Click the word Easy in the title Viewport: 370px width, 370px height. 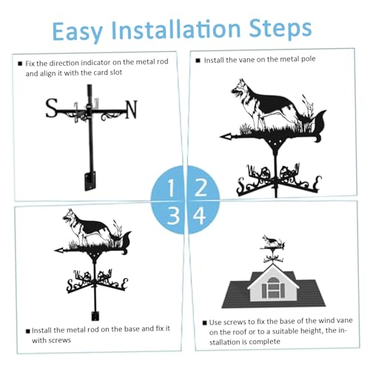(x=77, y=31)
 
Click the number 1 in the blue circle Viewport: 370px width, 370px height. (x=171, y=188)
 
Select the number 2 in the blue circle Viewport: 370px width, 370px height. (x=201, y=187)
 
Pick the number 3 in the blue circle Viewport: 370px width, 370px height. (x=173, y=215)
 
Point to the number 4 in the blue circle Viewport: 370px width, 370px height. (x=200, y=215)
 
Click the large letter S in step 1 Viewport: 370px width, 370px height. (x=52, y=108)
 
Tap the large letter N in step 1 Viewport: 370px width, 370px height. (x=132, y=110)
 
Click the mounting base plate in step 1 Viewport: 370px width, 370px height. (x=90, y=181)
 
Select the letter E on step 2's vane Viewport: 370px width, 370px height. (x=318, y=183)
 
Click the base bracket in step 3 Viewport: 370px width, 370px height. (x=95, y=316)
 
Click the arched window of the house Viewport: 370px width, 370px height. (x=273, y=287)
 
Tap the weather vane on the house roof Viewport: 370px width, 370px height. (x=272, y=249)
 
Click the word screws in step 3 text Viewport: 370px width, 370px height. (x=58, y=340)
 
